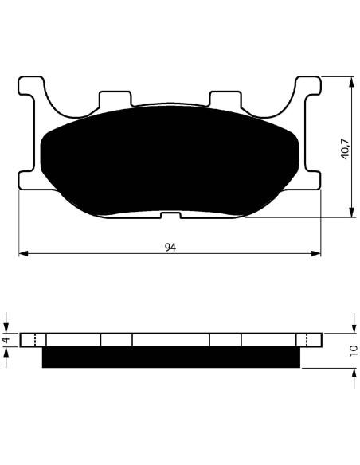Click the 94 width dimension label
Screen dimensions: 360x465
click(170, 247)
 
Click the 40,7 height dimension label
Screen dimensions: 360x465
click(346, 149)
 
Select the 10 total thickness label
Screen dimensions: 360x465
click(354, 351)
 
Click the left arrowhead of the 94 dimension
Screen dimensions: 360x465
click(23, 253)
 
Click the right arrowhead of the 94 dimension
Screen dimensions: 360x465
click(316, 253)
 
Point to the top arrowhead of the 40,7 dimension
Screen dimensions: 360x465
click(352, 82)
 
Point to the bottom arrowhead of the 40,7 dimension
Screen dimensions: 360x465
click(352, 213)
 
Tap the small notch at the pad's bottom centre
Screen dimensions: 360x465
click(170, 215)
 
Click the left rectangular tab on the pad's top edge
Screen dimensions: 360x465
click(115, 99)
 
